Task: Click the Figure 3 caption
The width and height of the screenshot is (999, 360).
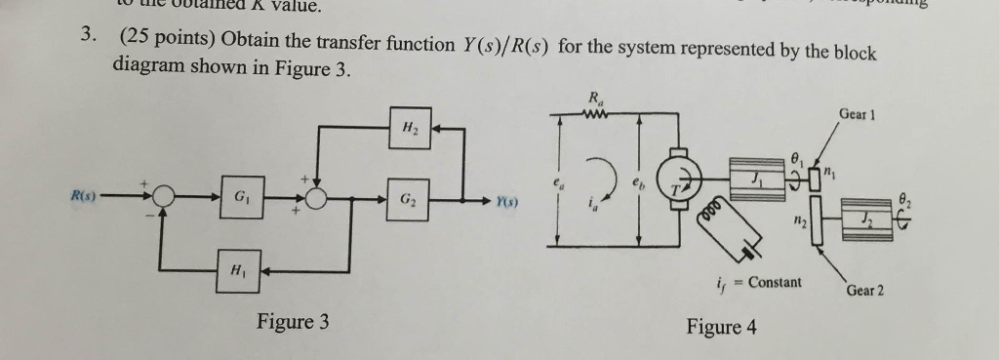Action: (293, 322)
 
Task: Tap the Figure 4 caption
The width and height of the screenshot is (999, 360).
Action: (721, 327)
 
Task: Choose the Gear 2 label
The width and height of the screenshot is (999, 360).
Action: (864, 291)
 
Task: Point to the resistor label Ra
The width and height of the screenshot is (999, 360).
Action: (594, 98)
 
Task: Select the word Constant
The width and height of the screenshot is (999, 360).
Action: (775, 283)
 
